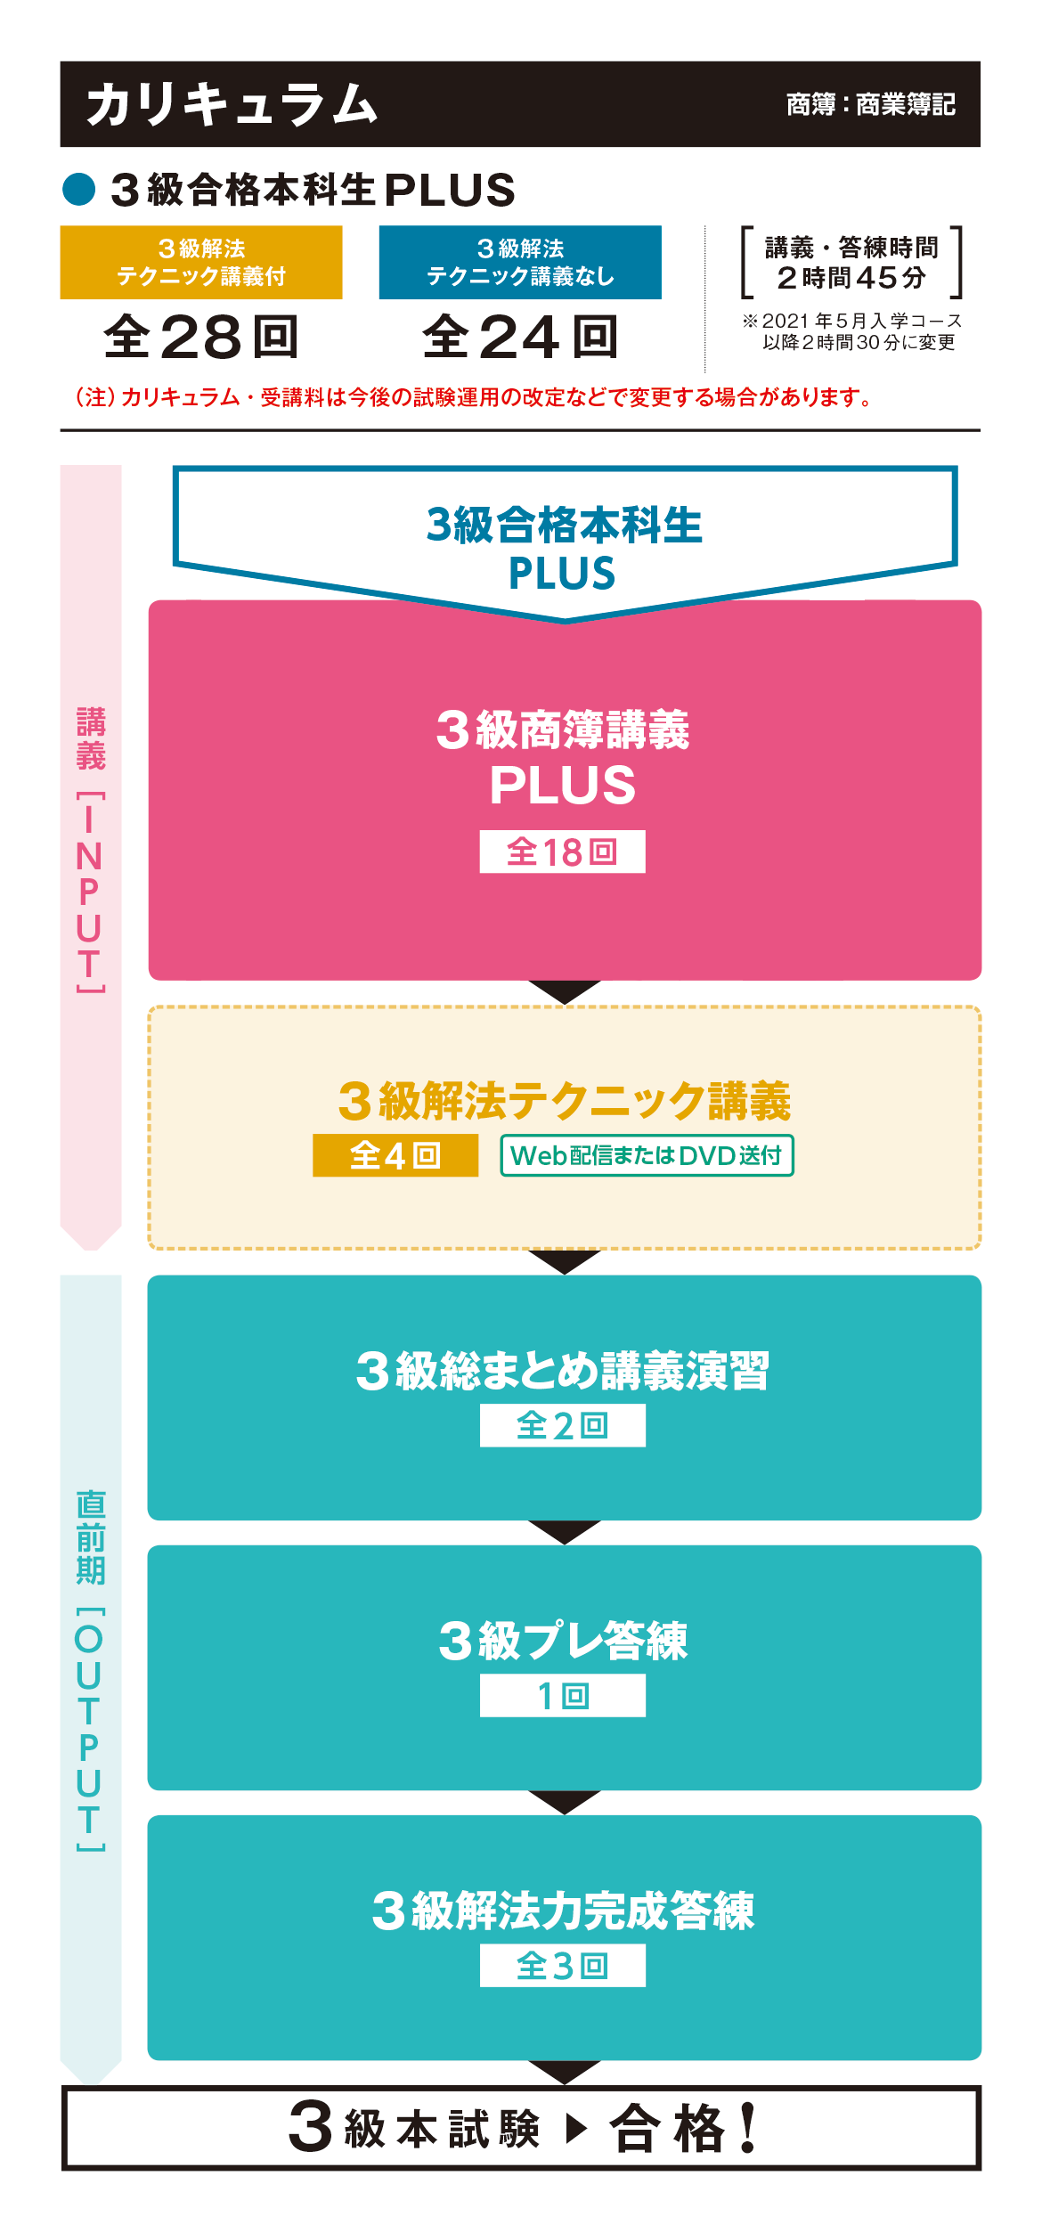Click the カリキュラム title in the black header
coord(232,104)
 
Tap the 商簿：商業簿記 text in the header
coord(870,105)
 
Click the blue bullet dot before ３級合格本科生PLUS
coord(79,189)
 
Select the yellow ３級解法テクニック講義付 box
coord(201,262)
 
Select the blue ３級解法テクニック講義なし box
coord(520,262)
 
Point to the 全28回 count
coord(201,337)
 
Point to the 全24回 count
coord(520,337)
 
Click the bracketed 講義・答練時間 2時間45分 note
coord(851,263)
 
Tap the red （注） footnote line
coord(473,397)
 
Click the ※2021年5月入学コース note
coord(852,331)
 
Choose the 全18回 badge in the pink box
coord(562,852)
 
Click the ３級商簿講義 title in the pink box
coord(563,730)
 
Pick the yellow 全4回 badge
coord(395,1155)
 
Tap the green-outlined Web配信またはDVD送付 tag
coord(647,1155)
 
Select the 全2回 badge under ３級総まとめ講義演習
coord(562,1425)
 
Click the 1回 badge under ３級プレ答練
coord(562,1695)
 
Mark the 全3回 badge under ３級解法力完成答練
coord(562,1965)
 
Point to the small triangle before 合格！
coord(576,2129)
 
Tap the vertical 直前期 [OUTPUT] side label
coord(90,1669)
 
